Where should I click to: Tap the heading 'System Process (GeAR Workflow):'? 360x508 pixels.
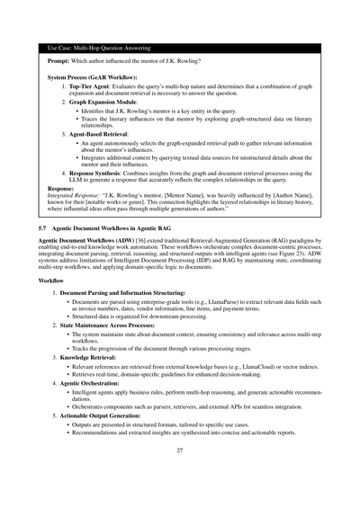pos(88,78)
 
